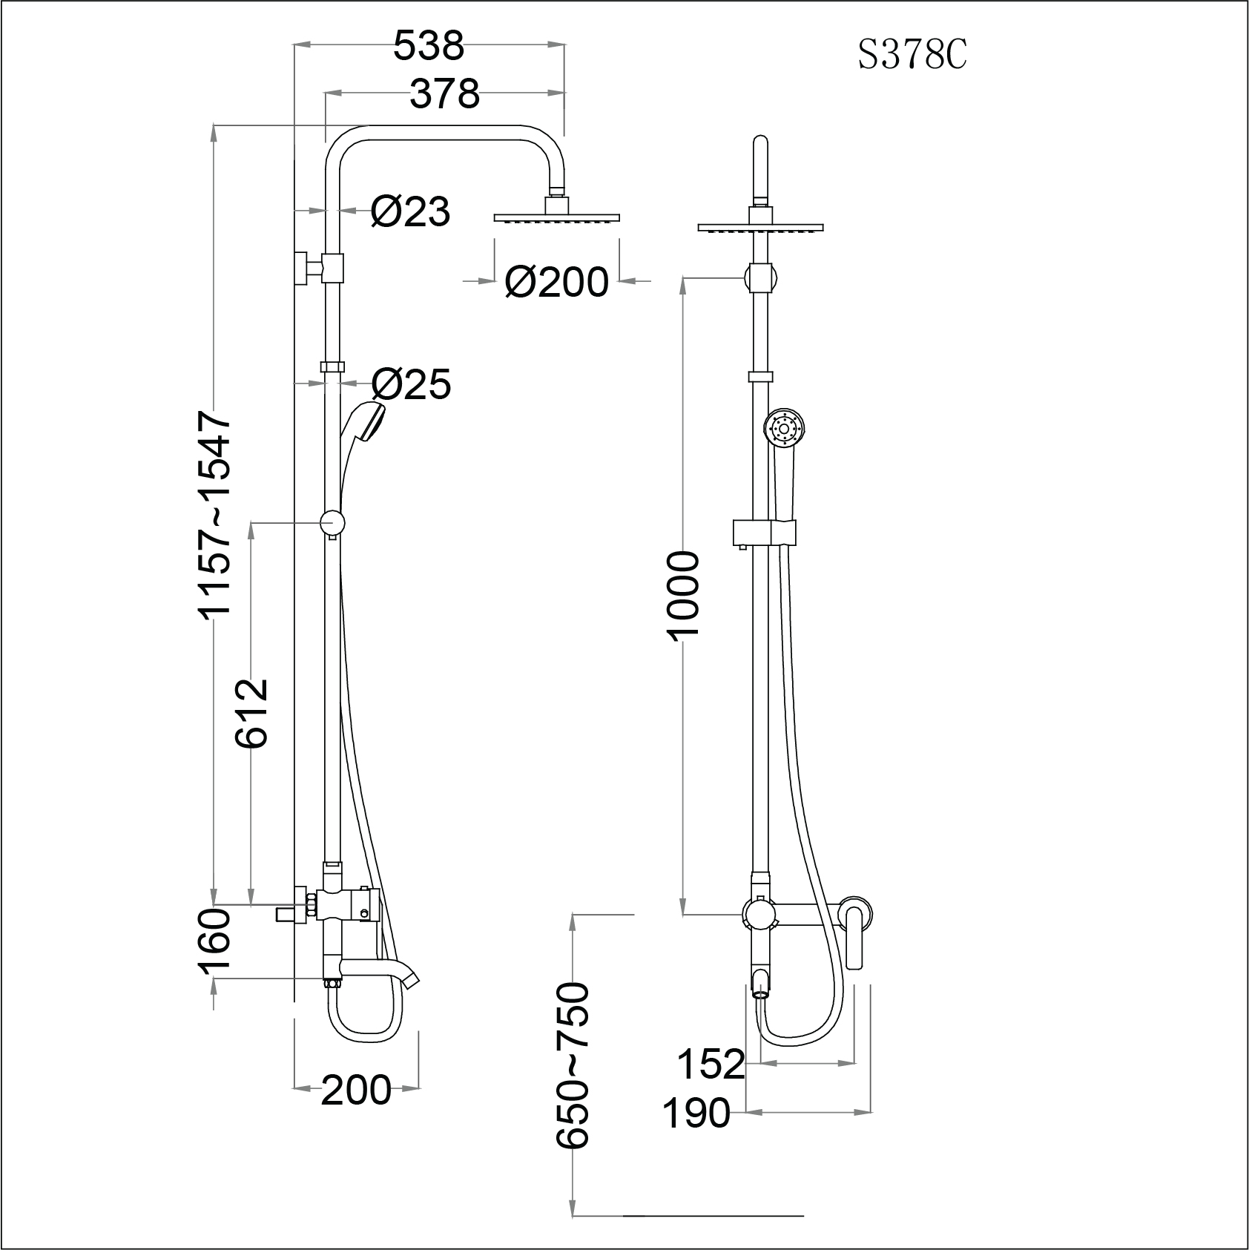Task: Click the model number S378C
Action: point(912,56)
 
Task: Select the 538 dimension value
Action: point(429,46)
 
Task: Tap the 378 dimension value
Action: point(445,94)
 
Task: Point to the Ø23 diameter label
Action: point(410,213)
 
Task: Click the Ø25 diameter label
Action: point(411,384)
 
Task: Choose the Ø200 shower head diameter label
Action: point(556,283)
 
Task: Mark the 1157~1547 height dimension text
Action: point(216,516)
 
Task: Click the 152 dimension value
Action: point(711,1064)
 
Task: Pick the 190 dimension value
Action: point(696,1113)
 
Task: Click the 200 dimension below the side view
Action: point(355,1090)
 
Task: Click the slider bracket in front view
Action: point(764,532)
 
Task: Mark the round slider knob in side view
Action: point(332,522)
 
